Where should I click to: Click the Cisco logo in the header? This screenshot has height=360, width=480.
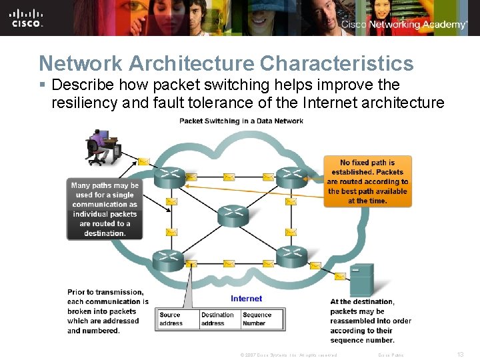tap(27, 18)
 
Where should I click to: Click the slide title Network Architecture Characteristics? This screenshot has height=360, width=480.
tap(226, 63)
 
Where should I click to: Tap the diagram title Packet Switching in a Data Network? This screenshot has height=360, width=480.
tap(241, 121)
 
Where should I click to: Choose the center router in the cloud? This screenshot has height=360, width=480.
tap(231, 215)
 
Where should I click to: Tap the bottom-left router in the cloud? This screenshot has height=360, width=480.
tap(168, 258)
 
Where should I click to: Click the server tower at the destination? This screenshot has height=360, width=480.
tap(362, 281)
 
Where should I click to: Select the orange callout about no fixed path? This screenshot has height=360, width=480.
tap(367, 181)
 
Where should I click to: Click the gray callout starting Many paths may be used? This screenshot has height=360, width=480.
tap(105, 209)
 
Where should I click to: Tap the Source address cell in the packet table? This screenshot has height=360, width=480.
tap(177, 319)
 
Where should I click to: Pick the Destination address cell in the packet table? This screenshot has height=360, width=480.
tap(219, 319)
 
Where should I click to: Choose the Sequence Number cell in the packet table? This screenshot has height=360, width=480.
tap(262, 319)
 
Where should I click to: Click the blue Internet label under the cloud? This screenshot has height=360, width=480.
tap(246, 299)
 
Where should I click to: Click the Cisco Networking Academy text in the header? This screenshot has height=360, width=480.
tap(404, 25)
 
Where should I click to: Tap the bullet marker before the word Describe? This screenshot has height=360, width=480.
tap(43, 85)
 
